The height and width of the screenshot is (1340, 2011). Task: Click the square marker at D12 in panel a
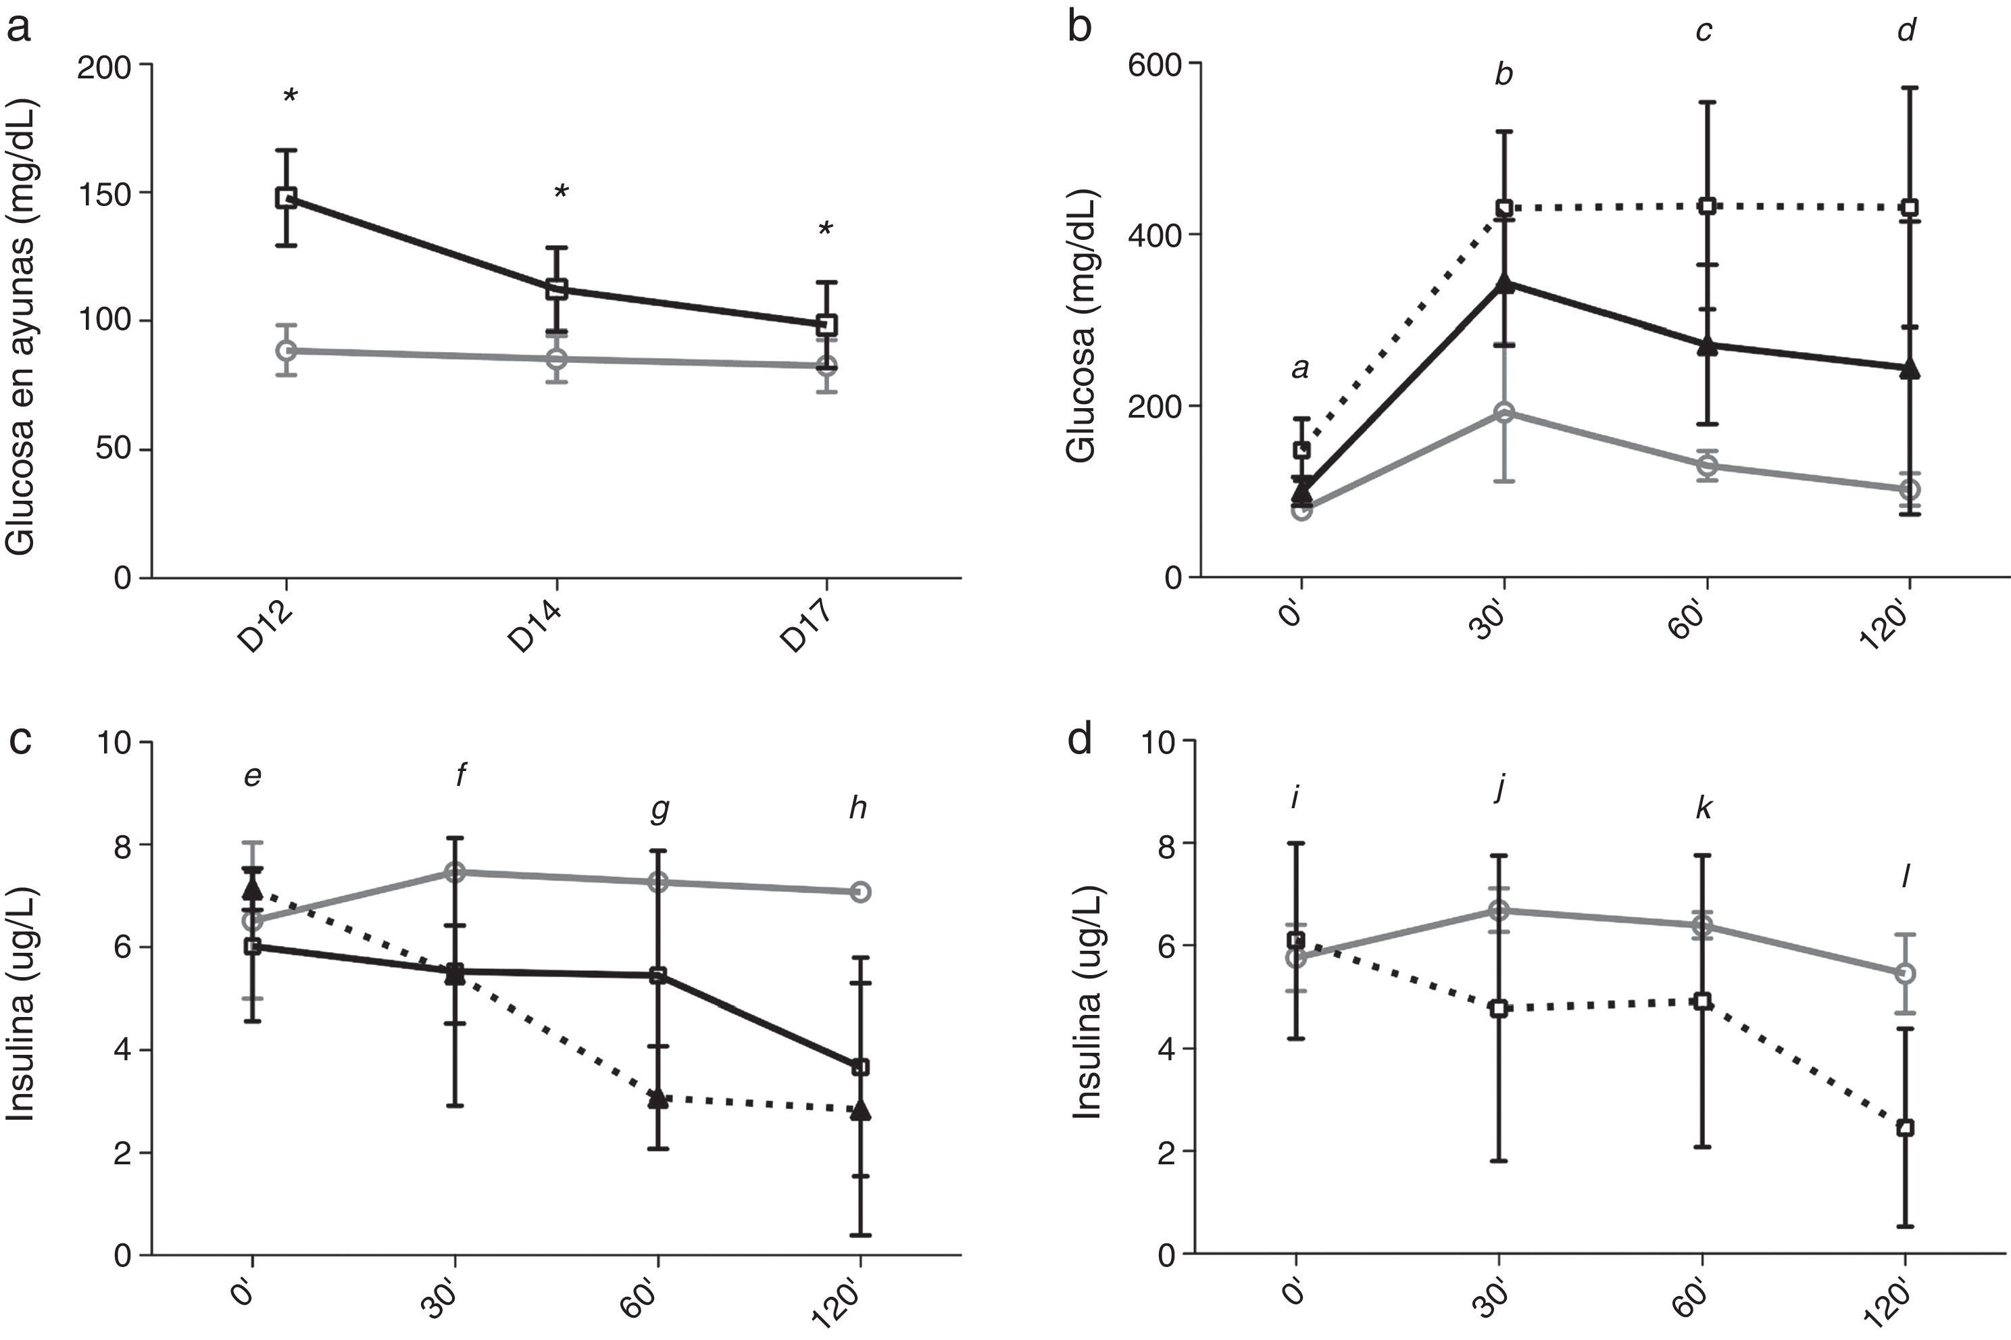tap(287, 197)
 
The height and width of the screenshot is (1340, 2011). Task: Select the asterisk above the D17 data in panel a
tap(825, 229)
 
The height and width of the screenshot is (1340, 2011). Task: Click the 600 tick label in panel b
tap(1153, 64)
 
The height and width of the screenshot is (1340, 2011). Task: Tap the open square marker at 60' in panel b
tap(1708, 205)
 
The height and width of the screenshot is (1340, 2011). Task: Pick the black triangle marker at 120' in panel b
tap(1909, 369)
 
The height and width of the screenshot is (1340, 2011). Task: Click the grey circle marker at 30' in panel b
tap(1504, 413)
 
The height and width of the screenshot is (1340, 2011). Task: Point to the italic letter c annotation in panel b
tap(1704, 32)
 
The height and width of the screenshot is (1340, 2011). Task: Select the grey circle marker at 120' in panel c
tap(861, 891)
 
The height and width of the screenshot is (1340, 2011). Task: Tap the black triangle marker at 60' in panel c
tap(658, 1098)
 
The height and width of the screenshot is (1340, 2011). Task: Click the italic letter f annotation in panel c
tap(461, 775)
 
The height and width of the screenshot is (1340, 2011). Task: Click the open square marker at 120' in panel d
tap(1905, 1128)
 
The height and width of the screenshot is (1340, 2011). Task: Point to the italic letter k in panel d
tap(1704, 808)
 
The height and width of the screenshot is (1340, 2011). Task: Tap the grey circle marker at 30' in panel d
tap(1498, 911)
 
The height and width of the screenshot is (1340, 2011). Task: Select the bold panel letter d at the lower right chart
tap(1081, 740)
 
